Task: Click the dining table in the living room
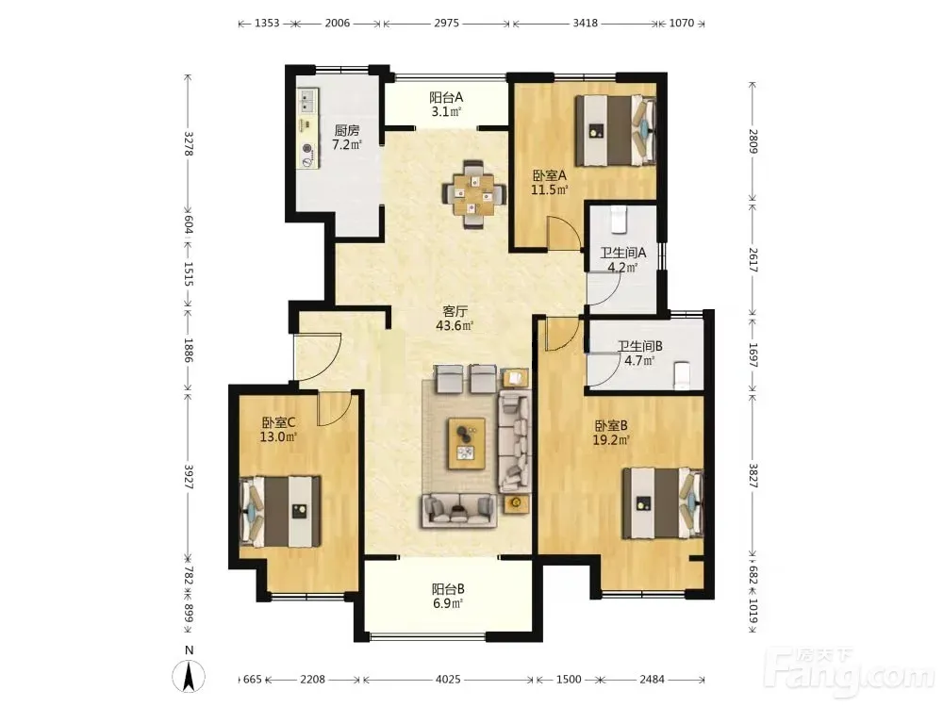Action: tap(473, 194)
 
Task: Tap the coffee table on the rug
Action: tap(467, 444)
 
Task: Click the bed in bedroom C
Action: tap(280, 512)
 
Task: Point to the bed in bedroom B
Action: tap(663, 503)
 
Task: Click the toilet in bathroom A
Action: tap(619, 219)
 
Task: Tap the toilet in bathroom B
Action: tap(682, 376)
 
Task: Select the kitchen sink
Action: tap(308, 102)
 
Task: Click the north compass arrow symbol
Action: tap(189, 676)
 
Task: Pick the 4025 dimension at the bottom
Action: tap(448, 680)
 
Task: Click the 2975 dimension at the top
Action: tap(446, 23)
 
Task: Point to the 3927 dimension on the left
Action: tap(189, 476)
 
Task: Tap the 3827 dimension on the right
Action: tap(753, 475)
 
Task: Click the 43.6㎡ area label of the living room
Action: tap(455, 326)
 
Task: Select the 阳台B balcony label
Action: tap(447, 589)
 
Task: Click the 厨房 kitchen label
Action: tap(347, 130)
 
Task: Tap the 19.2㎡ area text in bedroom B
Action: tap(611, 440)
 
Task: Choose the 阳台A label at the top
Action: tap(446, 97)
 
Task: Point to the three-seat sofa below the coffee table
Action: tap(459, 510)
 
